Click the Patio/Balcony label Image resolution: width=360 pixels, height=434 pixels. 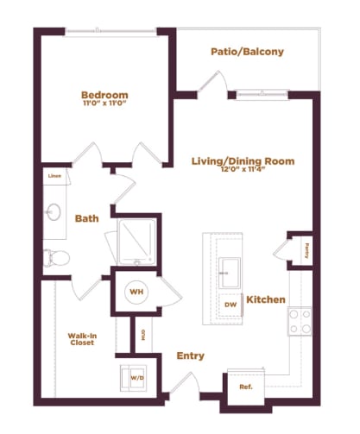point(247,52)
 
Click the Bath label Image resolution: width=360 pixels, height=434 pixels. point(86,219)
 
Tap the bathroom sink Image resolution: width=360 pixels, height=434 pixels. point(54,211)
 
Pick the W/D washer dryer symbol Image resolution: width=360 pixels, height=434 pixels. point(136,376)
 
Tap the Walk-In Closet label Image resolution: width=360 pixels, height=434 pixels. point(82,341)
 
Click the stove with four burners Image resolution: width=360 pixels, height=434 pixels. point(300,322)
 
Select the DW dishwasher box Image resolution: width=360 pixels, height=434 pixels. point(230,305)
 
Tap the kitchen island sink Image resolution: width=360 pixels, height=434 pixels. point(230,269)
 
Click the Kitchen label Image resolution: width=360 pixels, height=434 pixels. point(266,299)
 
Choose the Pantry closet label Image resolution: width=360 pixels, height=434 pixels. point(306,250)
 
